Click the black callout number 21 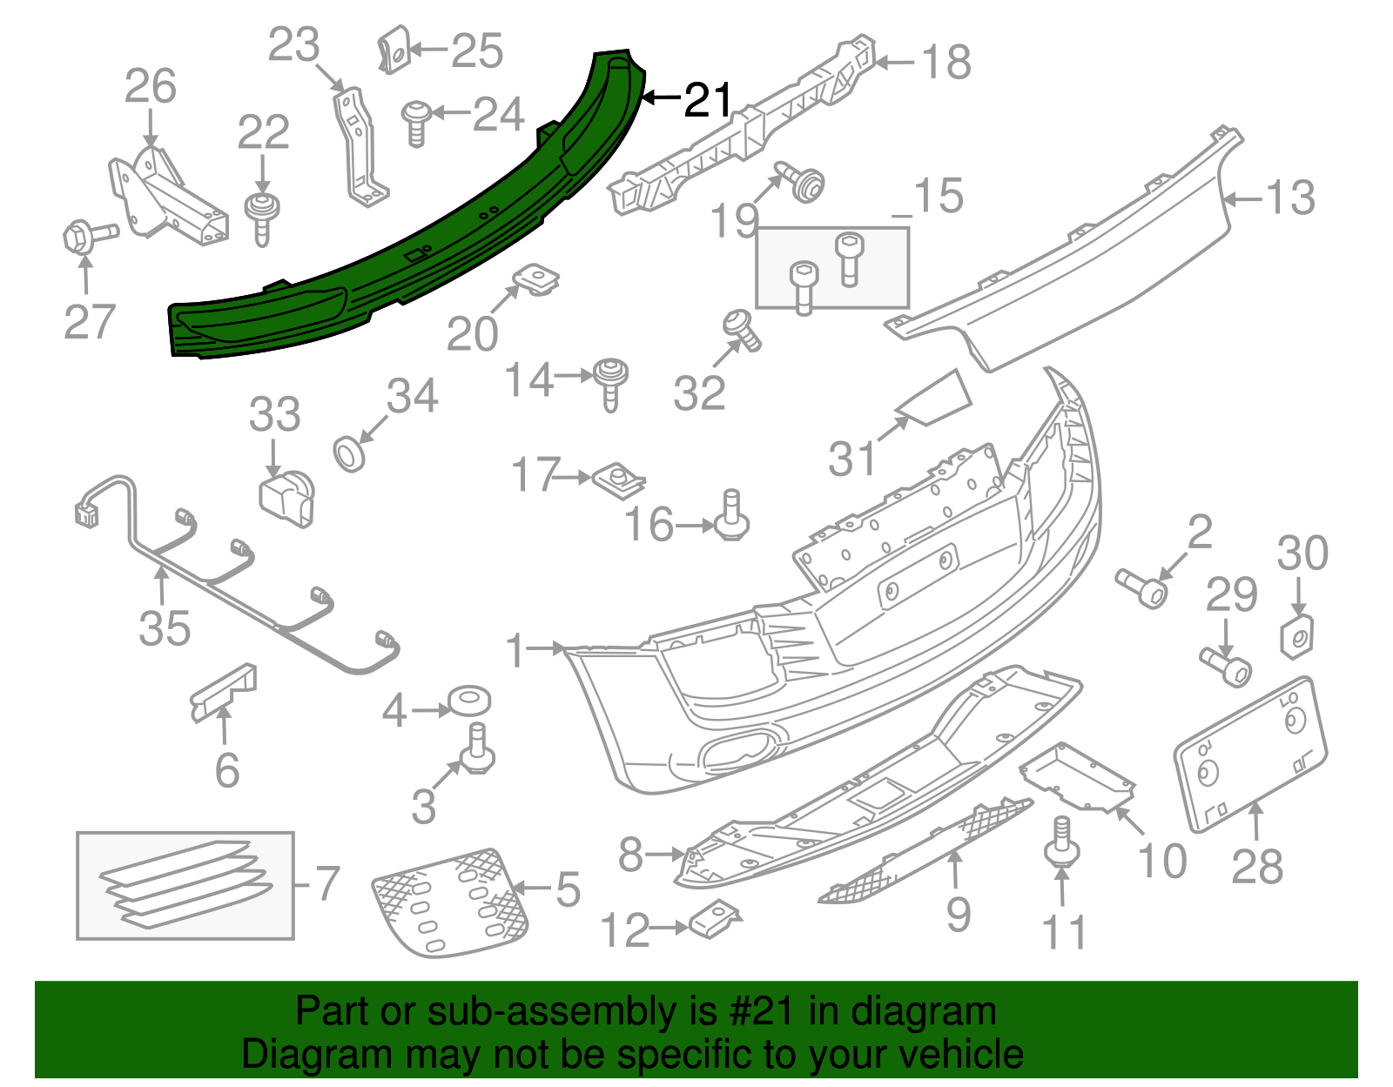tap(709, 100)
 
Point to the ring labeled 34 tap(350, 453)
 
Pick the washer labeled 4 tap(468, 700)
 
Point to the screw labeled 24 tap(415, 122)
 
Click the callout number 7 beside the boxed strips tap(326, 883)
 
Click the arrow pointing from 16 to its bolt tap(695, 526)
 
